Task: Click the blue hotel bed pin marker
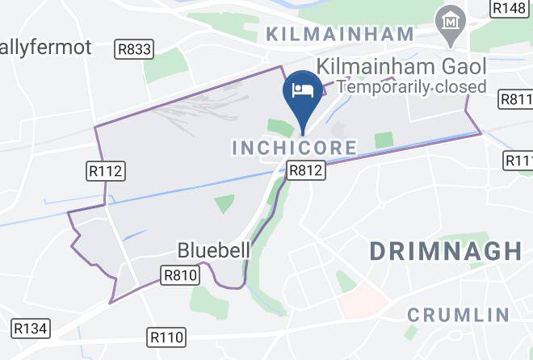click(301, 90)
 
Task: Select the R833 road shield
click(134, 49)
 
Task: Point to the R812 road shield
click(306, 170)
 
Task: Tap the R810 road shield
click(180, 275)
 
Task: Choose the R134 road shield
click(31, 328)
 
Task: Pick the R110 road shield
click(167, 337)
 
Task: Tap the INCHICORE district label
click(294, 148)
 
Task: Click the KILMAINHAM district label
click(339, 35)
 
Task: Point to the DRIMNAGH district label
click(446, 250)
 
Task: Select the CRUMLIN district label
click(458, 314)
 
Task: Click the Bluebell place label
click(213, 249)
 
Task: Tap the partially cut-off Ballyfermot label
click(46, 48)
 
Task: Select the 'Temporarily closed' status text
click(412, 86)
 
